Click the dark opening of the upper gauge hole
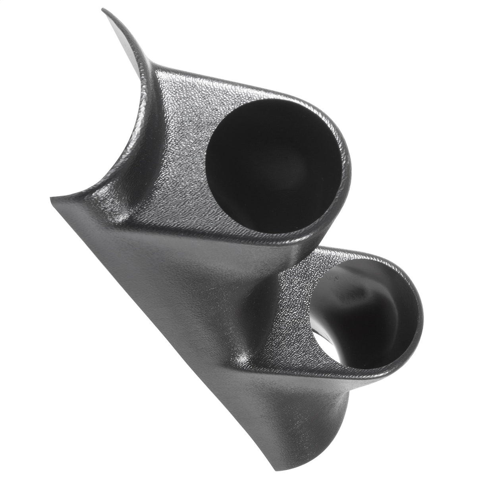[274, 167]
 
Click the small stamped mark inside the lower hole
[337, 279]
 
